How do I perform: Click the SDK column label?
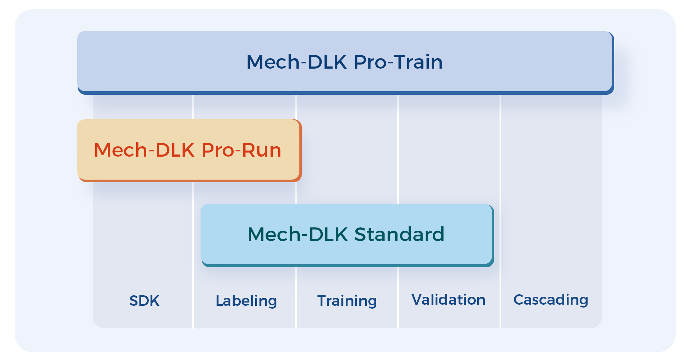[x=144, y=301]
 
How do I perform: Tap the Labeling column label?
[x=246, y=301]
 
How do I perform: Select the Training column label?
[x=347, y=301]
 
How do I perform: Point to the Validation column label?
[x=448, y=300]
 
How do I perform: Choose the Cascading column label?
[x=551, y=300]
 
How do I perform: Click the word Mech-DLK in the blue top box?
[x=297, y=62]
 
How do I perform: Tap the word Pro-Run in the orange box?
[x=241, y=150]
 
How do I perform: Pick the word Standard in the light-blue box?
[x=399, y=234]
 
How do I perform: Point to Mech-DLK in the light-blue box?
[x=298, y=234]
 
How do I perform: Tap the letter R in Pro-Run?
[x=248, y=150]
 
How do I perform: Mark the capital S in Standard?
[x=361, y=234]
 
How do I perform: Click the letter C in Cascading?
[x=518, y=300]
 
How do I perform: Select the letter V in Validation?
[x=417, y=300]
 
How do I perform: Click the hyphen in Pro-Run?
[x=238, y=151]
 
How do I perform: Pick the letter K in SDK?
[x=155, y=301]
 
